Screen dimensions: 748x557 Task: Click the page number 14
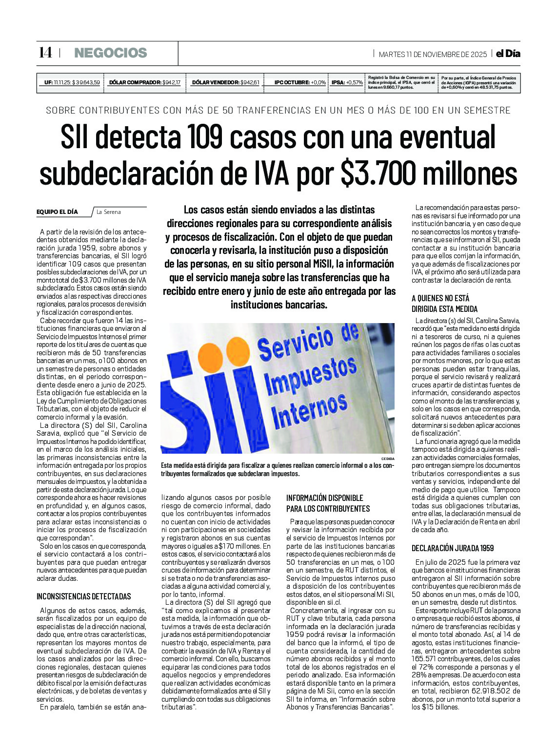pyautogui.click(x=45, y=53)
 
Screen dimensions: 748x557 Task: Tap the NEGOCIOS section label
pyautogui.click(x=110, y=53)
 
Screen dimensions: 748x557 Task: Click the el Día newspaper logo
pyautogui.click(x=508, y=54)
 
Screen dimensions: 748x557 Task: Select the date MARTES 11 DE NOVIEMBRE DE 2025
pyautogui.click(x=433, y=54)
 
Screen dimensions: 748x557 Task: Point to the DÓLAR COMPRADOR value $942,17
pyautogui.click(x=171, y=82)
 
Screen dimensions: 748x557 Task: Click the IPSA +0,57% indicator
pyautogui.click(x=347, y=82)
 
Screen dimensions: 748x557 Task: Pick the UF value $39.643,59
pyautogui.click(x=86, y=82)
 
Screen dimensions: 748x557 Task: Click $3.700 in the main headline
pyautogui.click(x=378, y=173)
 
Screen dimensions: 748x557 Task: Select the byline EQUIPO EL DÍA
pyautogui.click(x=57, y=212)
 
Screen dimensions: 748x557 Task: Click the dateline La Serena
pyautogui.click(x=108, y=212)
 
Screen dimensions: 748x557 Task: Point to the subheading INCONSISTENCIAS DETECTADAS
pyautogui.click(x=84, y=596)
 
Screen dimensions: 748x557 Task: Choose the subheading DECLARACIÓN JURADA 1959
pyautogui.click(x=452, y=548)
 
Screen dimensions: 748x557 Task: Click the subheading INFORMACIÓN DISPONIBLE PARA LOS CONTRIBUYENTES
pyautogui.click(x=328, y=503)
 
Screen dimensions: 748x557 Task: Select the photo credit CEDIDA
pyautogui.click(x=388, y=459)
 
